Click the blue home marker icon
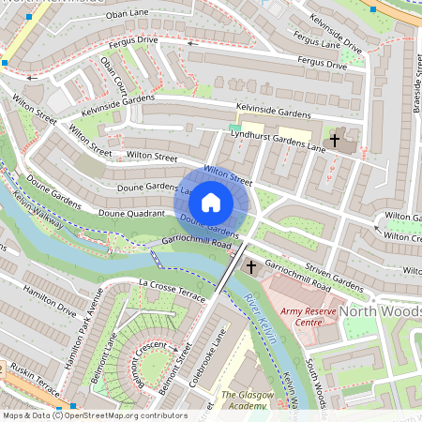[211, 203]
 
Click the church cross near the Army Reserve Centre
[250, 268]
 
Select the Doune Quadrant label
[131, 213]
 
